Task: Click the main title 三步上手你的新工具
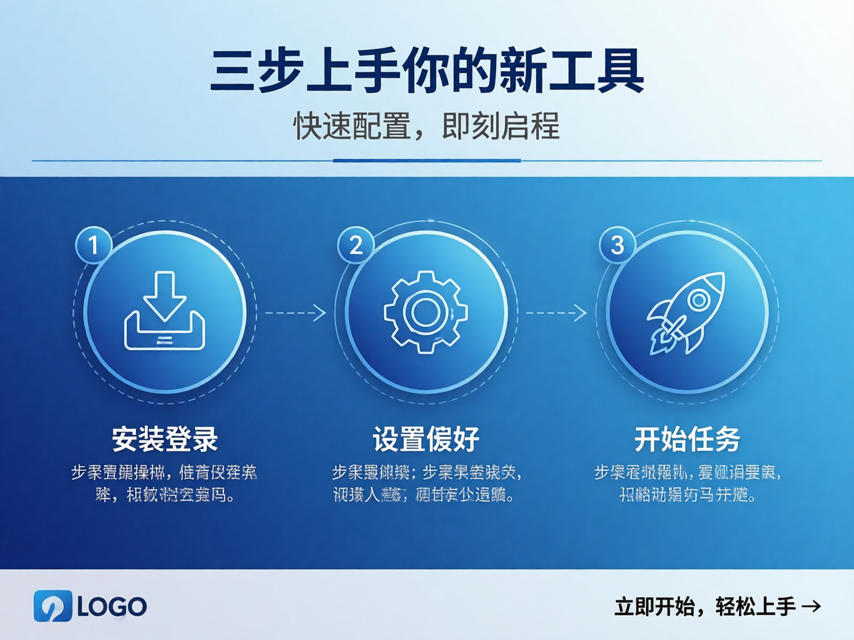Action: click(x=426, y=71)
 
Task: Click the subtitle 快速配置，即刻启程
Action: click(x=426, y=126)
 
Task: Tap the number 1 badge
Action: click(x=93, y=245)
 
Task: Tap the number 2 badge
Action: click(x=356, y=245)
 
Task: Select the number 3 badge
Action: click(x=617, y=245)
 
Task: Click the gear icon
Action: click(x=426, y=312)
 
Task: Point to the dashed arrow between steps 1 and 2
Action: click(x=295, y=313)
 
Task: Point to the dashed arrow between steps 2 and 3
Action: click(x=556, y=313)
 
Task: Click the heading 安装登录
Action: click(x=165, y=439)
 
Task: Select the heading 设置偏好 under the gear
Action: click(x=426, y=439)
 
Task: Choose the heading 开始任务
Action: click(x=687, y=439)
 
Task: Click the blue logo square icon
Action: click(x=53, y=606)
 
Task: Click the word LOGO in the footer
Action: click(x=112, y=607)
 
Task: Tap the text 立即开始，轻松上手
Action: click(x=705, y=607)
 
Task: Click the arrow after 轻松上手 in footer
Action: click(x=811, y=606)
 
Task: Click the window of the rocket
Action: click(x=699, y=300)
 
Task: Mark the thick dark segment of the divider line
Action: click(x=426, y=161)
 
